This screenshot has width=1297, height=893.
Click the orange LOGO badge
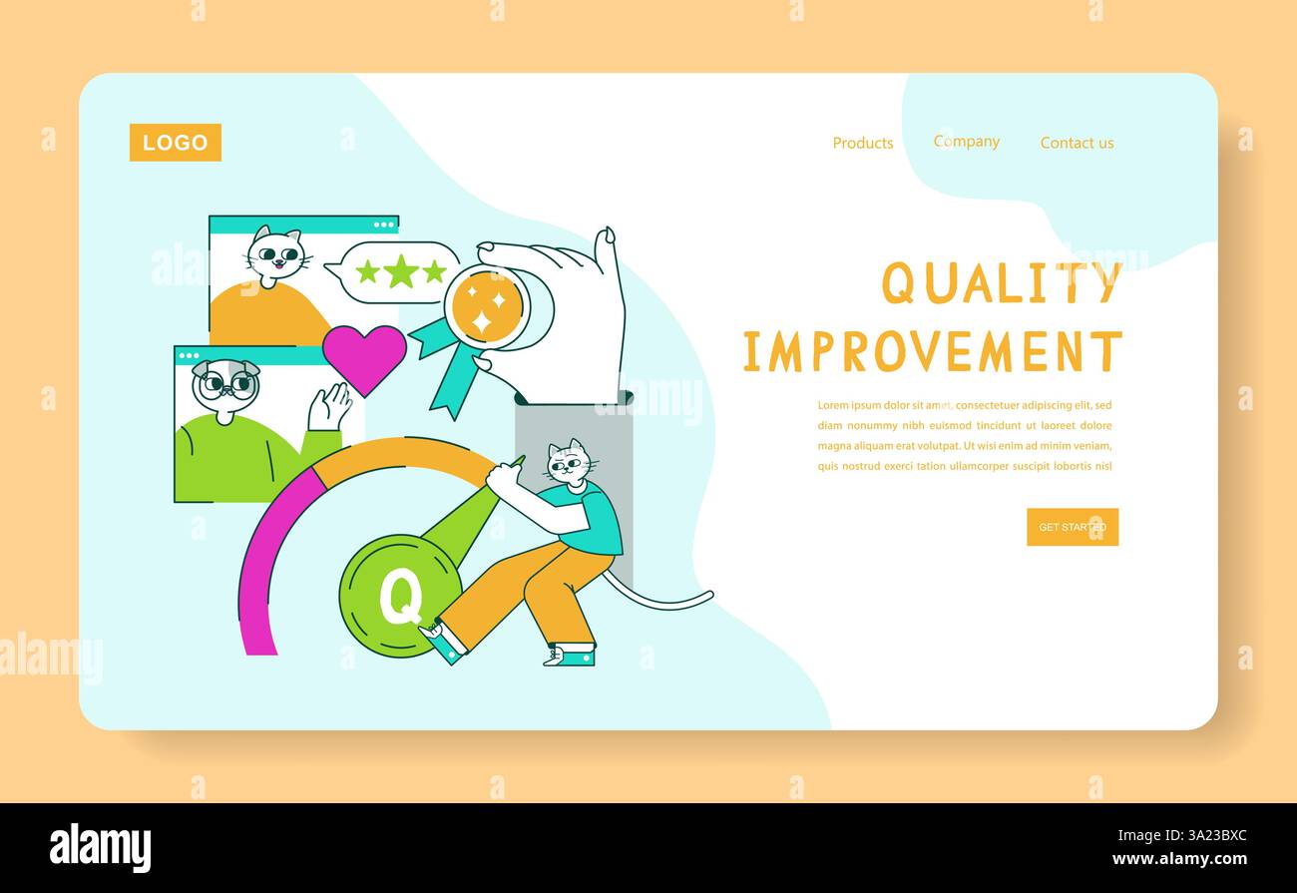(176, 143)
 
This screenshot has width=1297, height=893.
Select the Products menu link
(863, 143)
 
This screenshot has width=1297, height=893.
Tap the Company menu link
(967, 142)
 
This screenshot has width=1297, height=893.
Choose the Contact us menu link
(1077, 143)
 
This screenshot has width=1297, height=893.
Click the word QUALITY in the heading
(1001, 283)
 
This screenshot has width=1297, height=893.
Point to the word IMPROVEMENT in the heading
(933, 352)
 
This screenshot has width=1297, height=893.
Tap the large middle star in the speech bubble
(401, 271)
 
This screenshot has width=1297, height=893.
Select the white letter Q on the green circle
(400, 597)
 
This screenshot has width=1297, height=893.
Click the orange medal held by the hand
(487, 308)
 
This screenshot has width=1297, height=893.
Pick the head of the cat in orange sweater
(274, 256)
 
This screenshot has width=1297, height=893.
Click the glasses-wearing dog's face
(225, 384)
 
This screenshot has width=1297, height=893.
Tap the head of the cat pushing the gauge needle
(569, 463)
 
